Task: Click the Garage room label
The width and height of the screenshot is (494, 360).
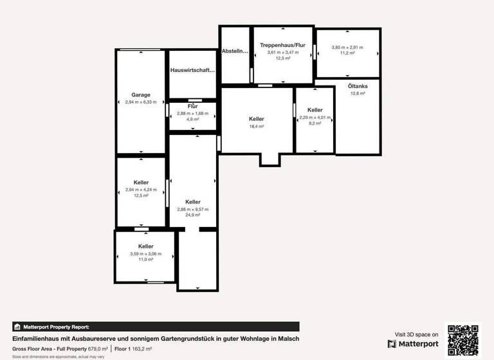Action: pos(141,94)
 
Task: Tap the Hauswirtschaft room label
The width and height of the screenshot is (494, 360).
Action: pos(192,70)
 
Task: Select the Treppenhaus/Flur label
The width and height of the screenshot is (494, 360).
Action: pos(282,46)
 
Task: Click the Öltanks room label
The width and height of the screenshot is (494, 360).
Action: pos(357,86)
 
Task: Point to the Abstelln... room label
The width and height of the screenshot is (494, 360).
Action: pos(235,51)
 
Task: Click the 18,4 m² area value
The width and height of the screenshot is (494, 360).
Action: pos(257,127)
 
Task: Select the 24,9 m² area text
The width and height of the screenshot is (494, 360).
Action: pos(192,215)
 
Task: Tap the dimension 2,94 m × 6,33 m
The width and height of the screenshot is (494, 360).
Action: pos(141,102)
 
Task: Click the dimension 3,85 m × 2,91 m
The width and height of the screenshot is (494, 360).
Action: pos(347,48)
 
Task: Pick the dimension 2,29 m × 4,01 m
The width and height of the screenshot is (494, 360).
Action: pos(315,118)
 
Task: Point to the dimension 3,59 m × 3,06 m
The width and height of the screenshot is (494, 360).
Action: pos(146,254)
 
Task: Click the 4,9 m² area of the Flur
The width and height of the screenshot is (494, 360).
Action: pos(192,119)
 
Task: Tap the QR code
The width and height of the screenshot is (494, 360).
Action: pos(463,339)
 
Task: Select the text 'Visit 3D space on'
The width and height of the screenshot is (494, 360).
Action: pos(417,334)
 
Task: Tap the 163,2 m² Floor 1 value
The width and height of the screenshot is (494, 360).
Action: pos(142,348)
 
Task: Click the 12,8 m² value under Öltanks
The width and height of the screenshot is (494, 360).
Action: pos(357,94)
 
